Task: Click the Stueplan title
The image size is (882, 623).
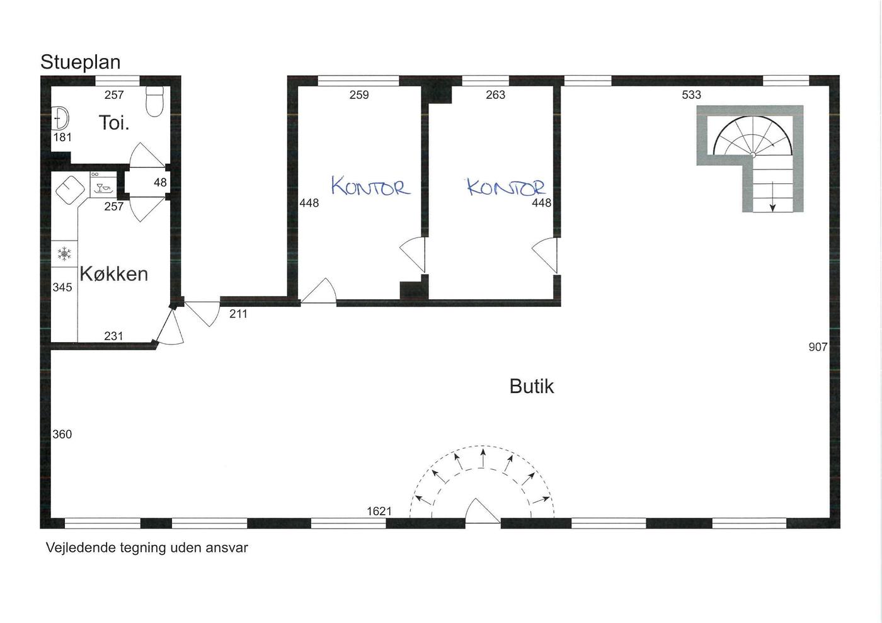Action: click(x=81, y=62)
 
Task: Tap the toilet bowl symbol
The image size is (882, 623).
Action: click(x=154, y=101)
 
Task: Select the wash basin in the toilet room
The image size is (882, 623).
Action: click(x=60, y=118)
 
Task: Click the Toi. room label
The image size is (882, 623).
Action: click(x=114, y=122)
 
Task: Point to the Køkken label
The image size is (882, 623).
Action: click(x=114, y=274)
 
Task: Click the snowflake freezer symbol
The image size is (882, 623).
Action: click(x=64, y=254)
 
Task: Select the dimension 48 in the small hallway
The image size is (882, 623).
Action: click(x=160, y=182)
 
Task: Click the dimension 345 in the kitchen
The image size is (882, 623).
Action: click(x=62, y=287)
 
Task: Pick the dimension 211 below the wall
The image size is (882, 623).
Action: click(x=238, y=314)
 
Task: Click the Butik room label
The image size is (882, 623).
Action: click(x=532, y=386)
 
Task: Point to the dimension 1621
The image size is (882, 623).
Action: click(x=379, y=511)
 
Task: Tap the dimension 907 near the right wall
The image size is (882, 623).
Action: click(x=818, y=347)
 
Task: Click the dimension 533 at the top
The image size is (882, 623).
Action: click(x=692, y=95)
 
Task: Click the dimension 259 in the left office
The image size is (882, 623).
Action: click(x=359, y=95)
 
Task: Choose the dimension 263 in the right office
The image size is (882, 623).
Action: click(x=495, y=95)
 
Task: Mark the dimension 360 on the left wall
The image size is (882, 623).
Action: click(x=62, y=435)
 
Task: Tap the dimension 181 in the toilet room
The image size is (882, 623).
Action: click(x=62, y=137)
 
